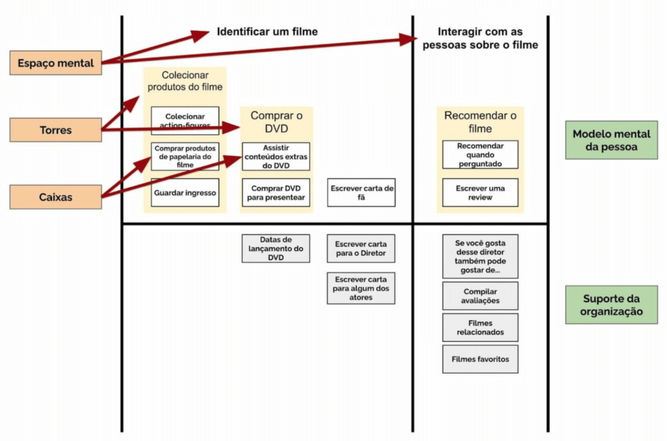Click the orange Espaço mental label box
56,63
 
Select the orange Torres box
56,130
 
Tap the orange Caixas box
56,197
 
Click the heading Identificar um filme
267,31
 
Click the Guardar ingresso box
185,193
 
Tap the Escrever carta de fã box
362,193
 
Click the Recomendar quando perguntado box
480,154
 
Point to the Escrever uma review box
480,193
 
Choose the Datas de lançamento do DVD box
276,248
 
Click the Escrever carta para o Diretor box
361,248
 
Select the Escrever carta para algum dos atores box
361,287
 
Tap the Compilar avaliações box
480,296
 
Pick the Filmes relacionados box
480,328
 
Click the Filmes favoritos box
480,359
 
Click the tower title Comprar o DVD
277,122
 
